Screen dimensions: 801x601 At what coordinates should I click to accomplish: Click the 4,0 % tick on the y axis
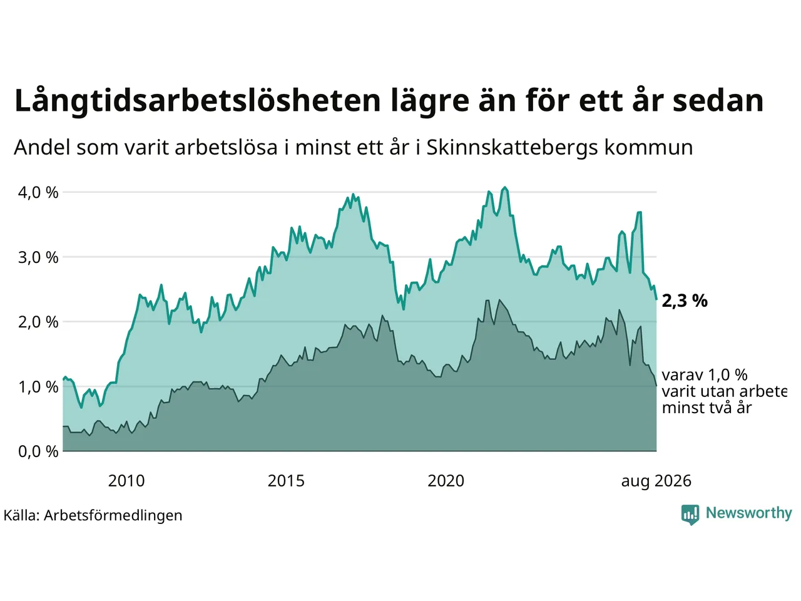[38, 193]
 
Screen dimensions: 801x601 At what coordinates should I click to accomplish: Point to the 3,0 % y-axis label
[38, 258]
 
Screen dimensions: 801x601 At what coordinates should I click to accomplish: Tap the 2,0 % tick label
[38, 322]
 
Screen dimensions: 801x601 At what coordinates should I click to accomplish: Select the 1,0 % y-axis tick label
[38, 387]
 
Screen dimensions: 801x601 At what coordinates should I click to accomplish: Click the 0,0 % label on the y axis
[38, 452]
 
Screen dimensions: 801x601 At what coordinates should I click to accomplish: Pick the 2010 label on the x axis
[126, 481]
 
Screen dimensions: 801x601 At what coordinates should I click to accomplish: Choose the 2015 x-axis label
[286, 481]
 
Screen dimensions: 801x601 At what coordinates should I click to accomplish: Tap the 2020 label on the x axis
[446, 481]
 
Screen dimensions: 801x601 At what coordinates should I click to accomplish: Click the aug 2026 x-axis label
[656, 481]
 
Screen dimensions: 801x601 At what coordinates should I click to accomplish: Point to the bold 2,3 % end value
[685, 301]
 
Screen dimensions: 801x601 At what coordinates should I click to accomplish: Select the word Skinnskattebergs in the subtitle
[512, 148]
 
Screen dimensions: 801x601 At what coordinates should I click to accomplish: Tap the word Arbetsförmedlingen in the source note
[113, 515]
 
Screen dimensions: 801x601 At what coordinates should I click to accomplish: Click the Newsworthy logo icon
[690, 515]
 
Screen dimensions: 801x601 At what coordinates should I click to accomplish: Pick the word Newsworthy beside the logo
[749, 513]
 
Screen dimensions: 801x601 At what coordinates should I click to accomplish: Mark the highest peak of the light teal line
[505, 187]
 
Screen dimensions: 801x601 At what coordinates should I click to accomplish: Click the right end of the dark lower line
[656, 386]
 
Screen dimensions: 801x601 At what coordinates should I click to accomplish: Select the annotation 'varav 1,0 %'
[705, 375]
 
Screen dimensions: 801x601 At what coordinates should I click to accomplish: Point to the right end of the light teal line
[656, 299]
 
